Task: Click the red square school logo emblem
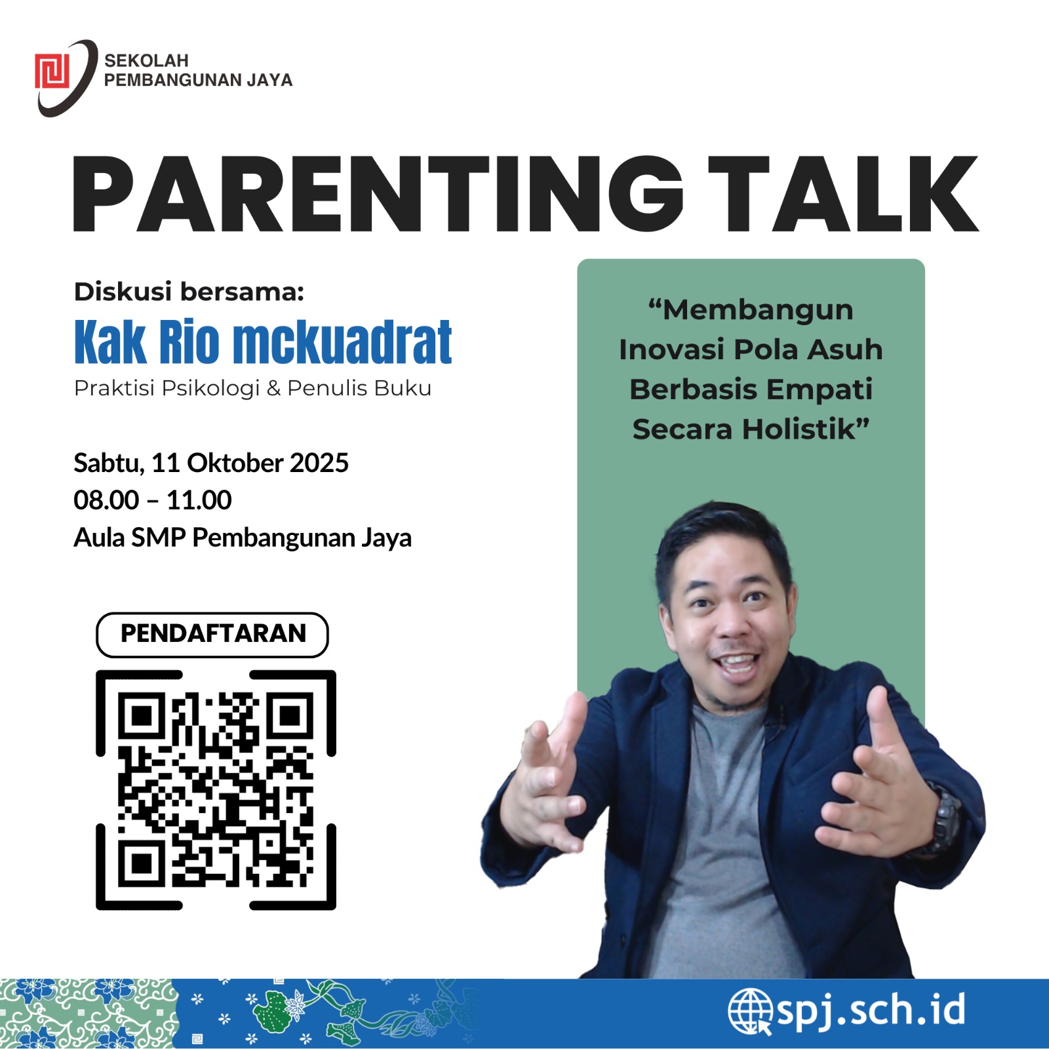52,71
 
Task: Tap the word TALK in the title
843,194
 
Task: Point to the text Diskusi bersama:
189,292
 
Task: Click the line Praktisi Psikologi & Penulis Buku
252,388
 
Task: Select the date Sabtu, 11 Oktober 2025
211,463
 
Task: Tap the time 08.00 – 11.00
153,500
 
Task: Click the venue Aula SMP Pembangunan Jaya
243,538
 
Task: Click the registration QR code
216,790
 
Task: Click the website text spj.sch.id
871,1010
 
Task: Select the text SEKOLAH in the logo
146,60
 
